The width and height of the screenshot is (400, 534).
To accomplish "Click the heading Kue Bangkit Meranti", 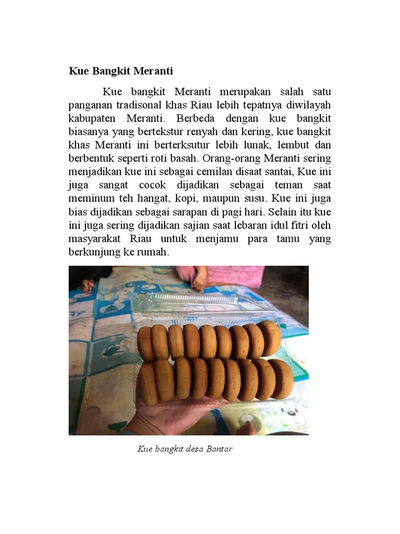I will [121, 71].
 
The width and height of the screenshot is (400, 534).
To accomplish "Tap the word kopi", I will [186, 199].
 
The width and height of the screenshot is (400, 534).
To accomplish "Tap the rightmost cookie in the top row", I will [270, 338].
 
